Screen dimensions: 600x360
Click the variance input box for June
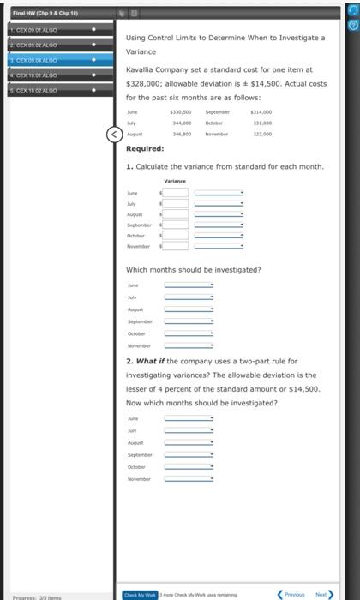click(175, 193)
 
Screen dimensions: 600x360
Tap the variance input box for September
click(175, 224)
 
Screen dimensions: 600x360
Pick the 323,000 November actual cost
click(261, 135)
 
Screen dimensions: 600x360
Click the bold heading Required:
click(145, 148)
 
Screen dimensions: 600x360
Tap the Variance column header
click(175, 181)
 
